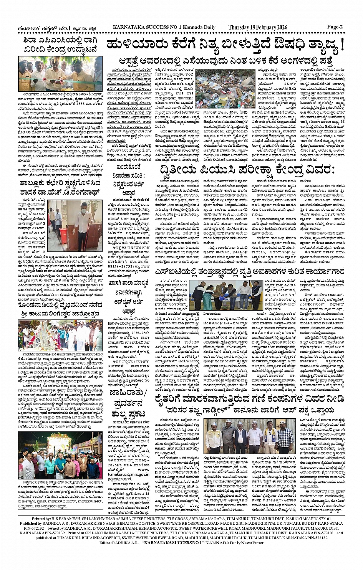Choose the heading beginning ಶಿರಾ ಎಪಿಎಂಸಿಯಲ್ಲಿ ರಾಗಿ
click(60, 45)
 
